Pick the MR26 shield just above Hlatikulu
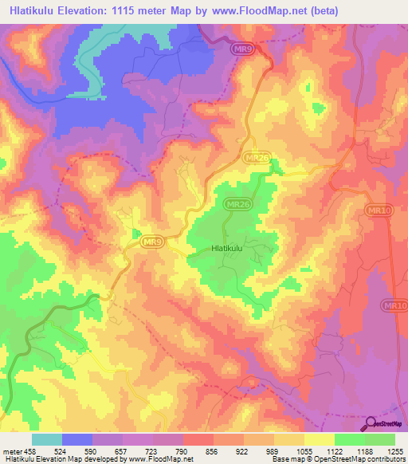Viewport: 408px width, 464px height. [x=237, y=205]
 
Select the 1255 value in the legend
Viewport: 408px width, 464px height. [x=395, y=451]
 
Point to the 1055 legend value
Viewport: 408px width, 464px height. [x=304, y=451]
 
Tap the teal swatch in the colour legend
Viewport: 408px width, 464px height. [x=47, y=439]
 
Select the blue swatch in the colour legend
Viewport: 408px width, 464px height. [x=77, y=439]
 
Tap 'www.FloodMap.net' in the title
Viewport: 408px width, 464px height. [x=250, y=11]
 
